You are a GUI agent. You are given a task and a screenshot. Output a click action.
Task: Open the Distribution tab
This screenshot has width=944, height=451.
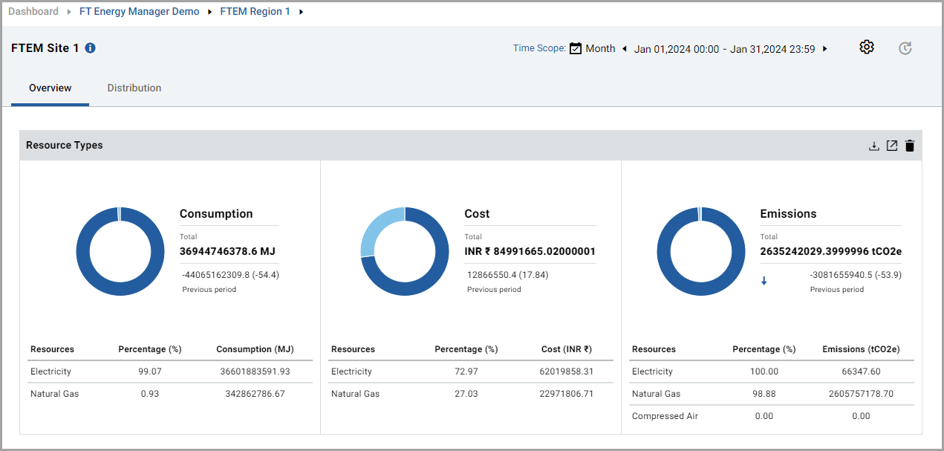tap(134, 88)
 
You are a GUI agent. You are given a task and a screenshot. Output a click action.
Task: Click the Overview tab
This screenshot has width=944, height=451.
tap(51, 88)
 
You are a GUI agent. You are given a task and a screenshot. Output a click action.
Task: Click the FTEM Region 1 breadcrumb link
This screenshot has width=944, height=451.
tap(255, 12)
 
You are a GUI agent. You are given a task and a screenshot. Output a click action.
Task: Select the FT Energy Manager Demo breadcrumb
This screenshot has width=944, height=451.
tap(140, 12)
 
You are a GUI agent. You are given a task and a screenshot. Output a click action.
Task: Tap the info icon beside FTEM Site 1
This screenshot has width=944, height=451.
tap(90, 48)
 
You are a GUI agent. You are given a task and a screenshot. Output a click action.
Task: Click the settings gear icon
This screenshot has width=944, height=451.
tap(866, 48)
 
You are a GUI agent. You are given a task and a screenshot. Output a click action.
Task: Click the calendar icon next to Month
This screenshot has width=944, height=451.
tap(576, 49)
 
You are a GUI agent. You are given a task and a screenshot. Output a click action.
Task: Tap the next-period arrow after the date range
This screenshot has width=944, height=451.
tap(825, 50)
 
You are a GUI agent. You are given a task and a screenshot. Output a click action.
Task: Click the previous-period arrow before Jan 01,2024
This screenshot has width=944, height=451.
tap(625, 50)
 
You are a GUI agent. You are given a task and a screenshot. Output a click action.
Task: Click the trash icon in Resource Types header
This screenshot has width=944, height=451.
tap(910, 146)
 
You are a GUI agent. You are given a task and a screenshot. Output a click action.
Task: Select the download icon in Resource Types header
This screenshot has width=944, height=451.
tap(874, 146)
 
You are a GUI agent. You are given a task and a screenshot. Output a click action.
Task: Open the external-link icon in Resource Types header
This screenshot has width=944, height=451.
tap(892, 146)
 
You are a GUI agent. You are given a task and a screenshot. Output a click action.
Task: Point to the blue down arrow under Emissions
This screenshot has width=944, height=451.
tap(764, 281)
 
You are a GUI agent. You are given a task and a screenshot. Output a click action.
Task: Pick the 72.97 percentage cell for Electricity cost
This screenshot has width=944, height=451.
tap(466, 371)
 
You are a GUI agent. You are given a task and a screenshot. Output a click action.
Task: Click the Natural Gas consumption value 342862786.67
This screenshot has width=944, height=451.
tap(255, 394)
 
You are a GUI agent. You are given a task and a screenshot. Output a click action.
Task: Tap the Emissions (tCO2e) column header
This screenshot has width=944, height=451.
tap(861, 349)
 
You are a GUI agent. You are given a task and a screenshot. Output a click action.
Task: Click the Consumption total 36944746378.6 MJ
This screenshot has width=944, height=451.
tap(228, 251)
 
